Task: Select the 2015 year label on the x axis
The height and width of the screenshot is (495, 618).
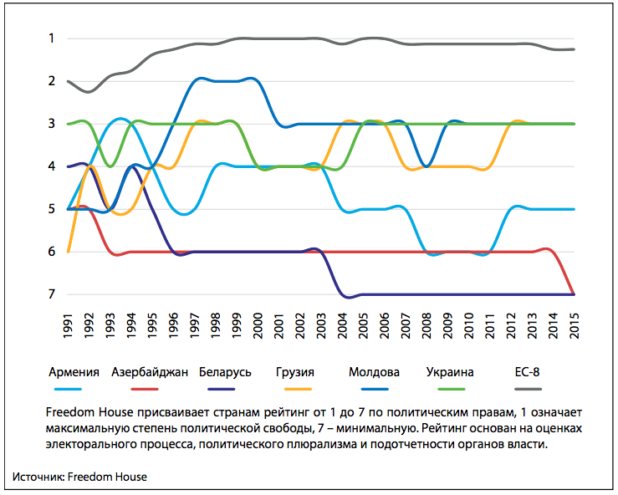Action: (575, 322)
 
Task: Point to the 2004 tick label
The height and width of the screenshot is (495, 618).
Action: (343, 322)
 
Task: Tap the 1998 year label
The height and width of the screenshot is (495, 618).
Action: (216, 322)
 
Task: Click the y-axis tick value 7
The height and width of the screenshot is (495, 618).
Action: (51, 294)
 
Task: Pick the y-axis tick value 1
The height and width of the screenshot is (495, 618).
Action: (51, 38)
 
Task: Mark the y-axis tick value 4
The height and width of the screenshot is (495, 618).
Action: (51, 166)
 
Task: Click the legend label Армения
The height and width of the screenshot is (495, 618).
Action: (75, 372)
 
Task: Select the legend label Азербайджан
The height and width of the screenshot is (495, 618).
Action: (149, 372)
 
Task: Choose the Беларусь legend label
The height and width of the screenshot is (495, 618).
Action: (225, 372)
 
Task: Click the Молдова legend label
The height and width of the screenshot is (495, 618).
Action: (374, 372)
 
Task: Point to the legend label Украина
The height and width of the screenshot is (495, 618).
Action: (450, 372)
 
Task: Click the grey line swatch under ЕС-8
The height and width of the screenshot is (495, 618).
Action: (528, 389)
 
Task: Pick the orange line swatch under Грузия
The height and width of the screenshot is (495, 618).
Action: (298, 389)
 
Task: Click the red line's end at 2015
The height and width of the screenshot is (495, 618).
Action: (574, 293)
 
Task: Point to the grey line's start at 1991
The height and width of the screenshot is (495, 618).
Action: (69, 81)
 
